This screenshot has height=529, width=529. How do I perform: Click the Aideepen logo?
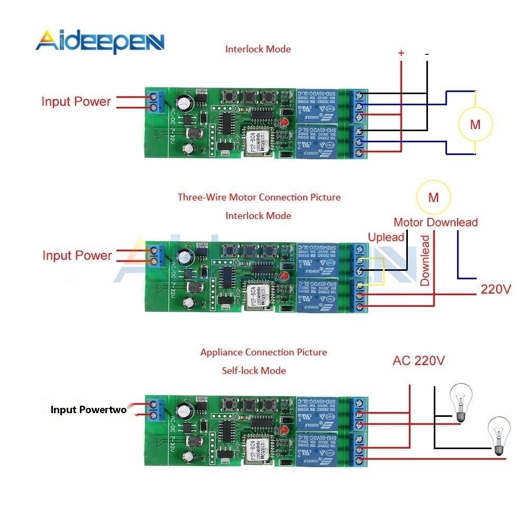click(101, 41)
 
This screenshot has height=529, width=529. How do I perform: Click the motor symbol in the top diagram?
click(475, 124)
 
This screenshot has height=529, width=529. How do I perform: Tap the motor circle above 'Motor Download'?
click(433, 198)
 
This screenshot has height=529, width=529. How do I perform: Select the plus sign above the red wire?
click(401, 53)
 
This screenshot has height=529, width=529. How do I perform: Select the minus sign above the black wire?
click(426, 53)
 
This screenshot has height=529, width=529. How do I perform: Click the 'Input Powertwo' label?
click(88, 409)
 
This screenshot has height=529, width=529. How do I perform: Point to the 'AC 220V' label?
click(418, 361)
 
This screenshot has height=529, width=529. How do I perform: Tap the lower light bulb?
click(498, 435)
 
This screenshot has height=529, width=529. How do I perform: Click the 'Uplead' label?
click(386, 237)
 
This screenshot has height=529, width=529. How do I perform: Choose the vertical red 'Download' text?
click(425, 261)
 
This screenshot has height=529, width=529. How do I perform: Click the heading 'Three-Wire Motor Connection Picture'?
click(259, 197)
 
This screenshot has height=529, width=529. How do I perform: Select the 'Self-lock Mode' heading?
click(254, 370)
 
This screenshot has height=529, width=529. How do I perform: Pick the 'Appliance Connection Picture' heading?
click(263, 352)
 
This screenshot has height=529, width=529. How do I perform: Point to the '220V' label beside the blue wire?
click(496, 289)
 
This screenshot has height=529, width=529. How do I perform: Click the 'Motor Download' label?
click(435, 222)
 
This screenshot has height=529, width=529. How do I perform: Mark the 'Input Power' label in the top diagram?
click(76, 102)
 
